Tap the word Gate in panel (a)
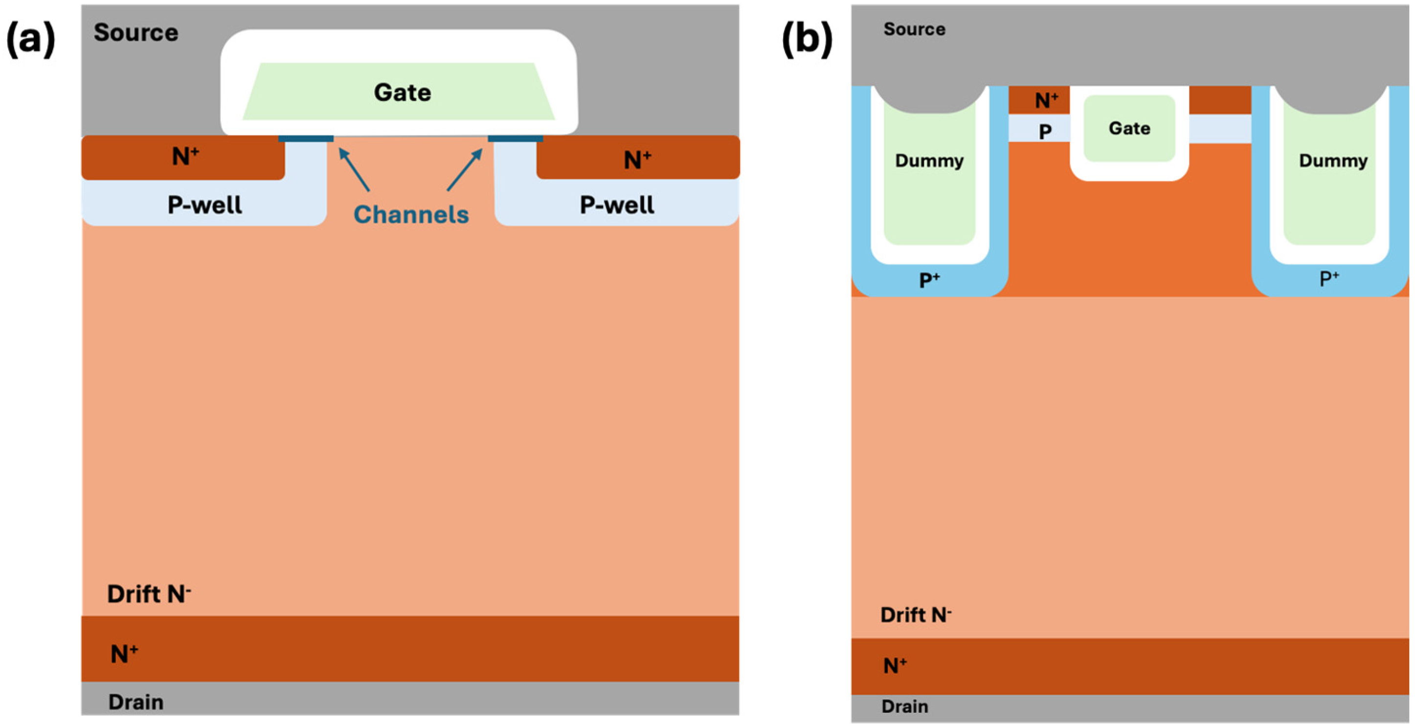coord(403,92)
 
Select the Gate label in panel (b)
coord(1129,129)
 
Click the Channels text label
coord(411,214)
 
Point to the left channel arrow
coord(354,169)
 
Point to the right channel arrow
coord(465,169)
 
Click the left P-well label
coord(204,205)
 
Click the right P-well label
coord(617,205)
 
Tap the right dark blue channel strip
coord(515,138)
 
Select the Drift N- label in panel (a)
coord(149,594)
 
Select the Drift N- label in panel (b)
coord(916,615)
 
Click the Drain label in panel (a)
coord(135,702)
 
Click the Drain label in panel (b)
coord(905,706)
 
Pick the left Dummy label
coord(929,161)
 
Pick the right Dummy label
coord(1333,161)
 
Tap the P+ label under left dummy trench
coord(929,280)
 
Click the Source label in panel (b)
coord(915,29)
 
